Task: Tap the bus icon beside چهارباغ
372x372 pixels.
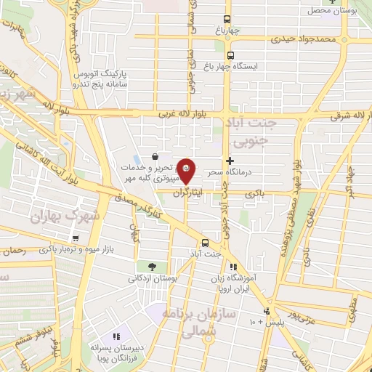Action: (228, 20)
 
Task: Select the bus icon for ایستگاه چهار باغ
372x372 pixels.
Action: (230, 55)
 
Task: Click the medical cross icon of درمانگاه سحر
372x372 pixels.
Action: (230, 161)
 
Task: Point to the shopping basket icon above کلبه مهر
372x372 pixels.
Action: (155, 156)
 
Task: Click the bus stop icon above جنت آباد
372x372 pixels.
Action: (204, 243)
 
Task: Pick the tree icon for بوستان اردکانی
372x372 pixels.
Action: (151, 266)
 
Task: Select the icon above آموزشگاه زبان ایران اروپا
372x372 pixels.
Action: (233, 267)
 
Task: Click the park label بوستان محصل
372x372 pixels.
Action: (347, 10)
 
